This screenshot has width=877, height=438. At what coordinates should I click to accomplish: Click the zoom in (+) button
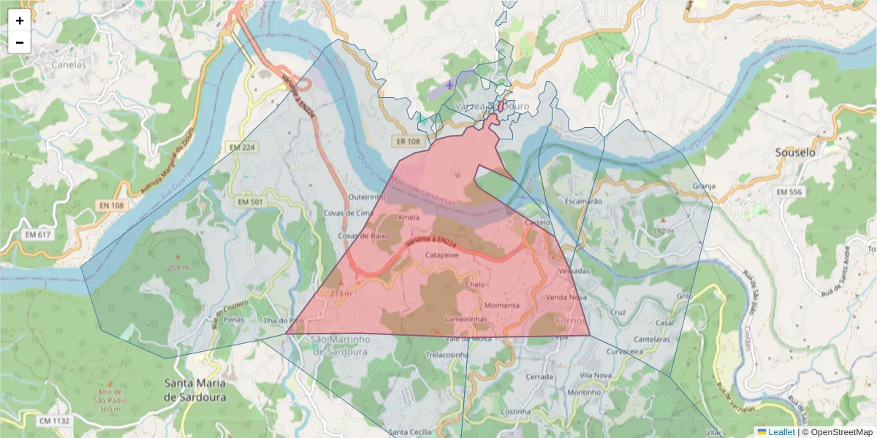click(x=20, y=21)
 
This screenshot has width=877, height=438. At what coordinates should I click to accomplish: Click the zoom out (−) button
click(x=20, y=42)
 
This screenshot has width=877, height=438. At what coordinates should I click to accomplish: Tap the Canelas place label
click(x=69, y=64)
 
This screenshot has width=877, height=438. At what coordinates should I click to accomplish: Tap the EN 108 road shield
click(x=112, y=206)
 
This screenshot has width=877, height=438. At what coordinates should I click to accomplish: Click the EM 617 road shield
click(x=38, y=234)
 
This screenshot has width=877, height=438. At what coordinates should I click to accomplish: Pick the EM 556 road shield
click(x=790, y=191)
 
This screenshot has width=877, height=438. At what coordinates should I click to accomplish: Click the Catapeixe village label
click(x=443, y=256)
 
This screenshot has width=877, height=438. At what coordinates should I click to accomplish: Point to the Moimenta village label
click(x=501, y=304)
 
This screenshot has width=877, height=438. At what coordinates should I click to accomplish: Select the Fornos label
click(x=571, y=321)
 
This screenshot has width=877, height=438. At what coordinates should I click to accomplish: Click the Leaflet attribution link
click(x=781, y=432)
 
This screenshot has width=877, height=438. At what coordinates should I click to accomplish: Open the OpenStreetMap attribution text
click(x=837, y=432)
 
